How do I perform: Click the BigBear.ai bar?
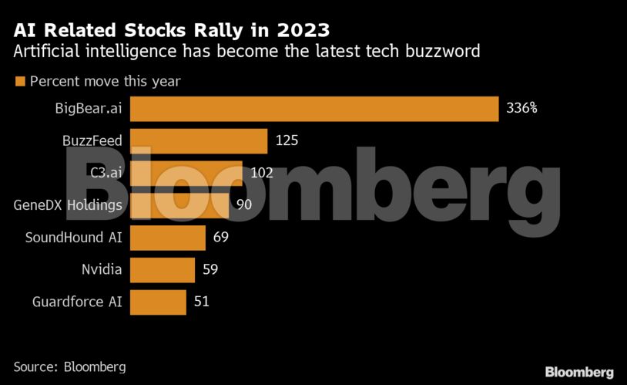(314, 109)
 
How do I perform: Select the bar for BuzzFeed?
(199, 141)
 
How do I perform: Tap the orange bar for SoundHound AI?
(168, 238)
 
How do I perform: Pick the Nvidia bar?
(163, 270)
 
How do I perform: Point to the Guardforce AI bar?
(158, 302)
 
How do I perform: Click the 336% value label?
(521, 108)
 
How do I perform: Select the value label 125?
(287, 140)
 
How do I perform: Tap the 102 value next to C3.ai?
(262, 173)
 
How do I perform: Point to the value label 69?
(221, 237)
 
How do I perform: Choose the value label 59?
(210, 269)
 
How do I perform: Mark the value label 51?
(202, 302)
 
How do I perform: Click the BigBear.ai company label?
(89, 108)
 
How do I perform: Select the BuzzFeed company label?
(92, 140)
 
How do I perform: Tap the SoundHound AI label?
(74, 237)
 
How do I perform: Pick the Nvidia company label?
(102, 269)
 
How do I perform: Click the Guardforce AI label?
(77, 302)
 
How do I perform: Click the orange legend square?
(20, 81)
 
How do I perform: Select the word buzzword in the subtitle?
(443, 52)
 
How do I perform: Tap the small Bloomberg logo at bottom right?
(579, 372)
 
